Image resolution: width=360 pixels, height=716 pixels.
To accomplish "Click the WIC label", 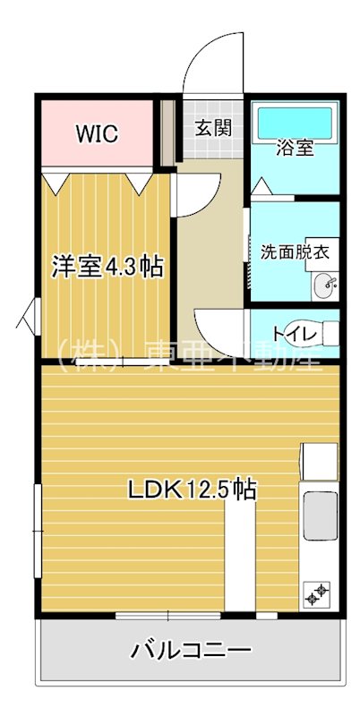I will [98, 134].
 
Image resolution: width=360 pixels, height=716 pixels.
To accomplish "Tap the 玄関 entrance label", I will [214, 127].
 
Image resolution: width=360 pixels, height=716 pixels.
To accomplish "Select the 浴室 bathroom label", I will [295, 149].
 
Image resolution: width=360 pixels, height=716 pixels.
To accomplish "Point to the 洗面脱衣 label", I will [295, 251].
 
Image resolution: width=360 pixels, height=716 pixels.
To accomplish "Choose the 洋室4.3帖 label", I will [107, 266].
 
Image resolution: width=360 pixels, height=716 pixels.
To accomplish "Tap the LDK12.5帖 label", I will [193, 490].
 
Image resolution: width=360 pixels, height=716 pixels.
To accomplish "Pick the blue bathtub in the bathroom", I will [295, 121].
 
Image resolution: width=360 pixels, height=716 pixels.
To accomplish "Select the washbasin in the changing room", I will [327, 287].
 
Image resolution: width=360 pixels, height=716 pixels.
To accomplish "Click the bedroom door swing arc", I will [197, 193].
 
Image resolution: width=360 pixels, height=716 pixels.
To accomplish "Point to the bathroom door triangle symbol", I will [261, 187].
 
